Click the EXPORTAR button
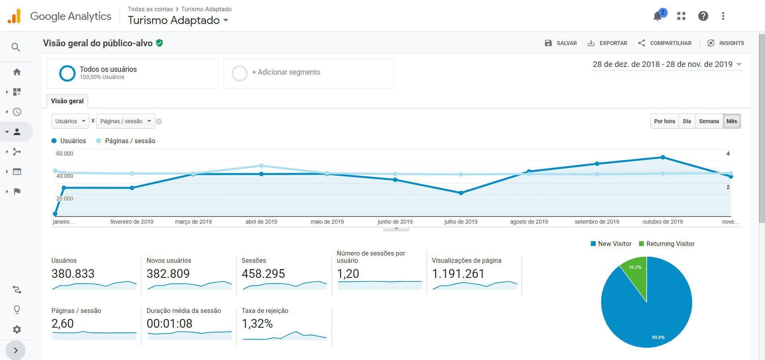607,43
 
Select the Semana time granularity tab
709,121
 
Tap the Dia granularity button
687,121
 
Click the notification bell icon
657,16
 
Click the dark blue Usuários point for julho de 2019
461,193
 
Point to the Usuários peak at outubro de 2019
663,157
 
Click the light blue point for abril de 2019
261,166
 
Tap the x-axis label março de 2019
193,222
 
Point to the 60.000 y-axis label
65,153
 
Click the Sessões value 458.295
263,273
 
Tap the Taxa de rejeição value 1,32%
257,324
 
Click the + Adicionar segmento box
309,73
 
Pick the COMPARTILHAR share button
665,43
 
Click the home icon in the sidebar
17,72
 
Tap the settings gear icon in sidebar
17,329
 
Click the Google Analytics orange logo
14,16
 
